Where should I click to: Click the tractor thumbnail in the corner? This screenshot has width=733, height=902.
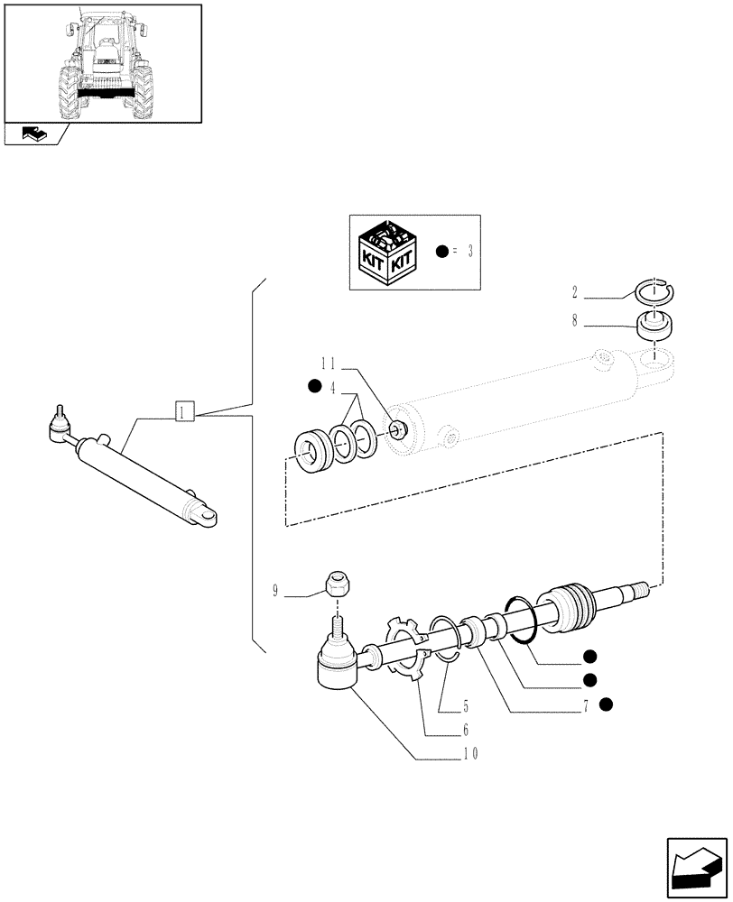(x=102, y=63)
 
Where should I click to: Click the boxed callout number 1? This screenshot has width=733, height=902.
(x=184, y=413)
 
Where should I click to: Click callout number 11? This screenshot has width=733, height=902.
(x=327, y=364)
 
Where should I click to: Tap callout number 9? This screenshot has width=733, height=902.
(x=274, y=592)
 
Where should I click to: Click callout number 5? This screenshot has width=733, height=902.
(x=440, y=706)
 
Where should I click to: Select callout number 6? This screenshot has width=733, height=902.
(x=440, y=729)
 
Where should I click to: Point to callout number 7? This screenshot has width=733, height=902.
(x=586, y=706)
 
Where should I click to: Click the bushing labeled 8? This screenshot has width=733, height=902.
(x=656, y=324)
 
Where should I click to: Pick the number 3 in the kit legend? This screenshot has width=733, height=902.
(x=469, y=252)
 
